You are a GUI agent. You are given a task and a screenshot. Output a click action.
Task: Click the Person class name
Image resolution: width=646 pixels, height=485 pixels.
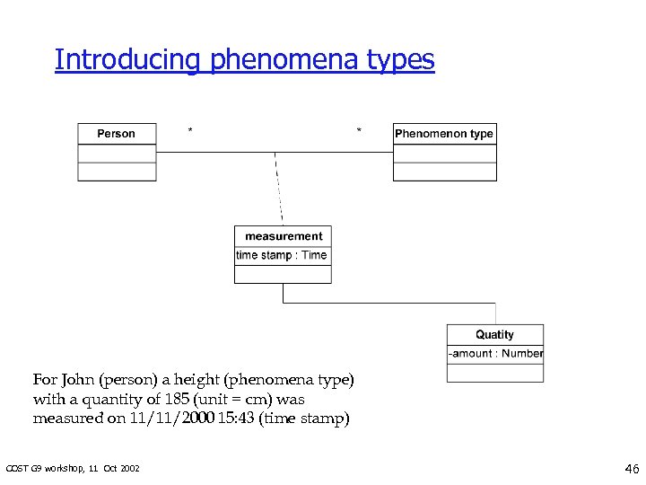116,134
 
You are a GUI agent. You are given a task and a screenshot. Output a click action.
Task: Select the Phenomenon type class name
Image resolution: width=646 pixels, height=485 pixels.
444,134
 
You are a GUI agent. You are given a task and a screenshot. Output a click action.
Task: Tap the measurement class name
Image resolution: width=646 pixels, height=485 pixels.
284,236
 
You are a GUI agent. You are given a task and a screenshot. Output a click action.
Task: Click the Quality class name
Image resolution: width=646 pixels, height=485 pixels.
494,334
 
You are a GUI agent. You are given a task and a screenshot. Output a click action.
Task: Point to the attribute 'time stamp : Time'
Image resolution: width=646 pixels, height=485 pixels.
282,255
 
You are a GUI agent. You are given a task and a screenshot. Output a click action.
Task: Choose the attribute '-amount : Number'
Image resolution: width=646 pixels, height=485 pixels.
496,354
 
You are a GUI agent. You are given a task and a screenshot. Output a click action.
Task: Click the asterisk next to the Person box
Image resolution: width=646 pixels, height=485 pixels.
189,131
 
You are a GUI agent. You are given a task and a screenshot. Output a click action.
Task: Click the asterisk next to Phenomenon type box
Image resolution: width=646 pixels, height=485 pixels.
360,131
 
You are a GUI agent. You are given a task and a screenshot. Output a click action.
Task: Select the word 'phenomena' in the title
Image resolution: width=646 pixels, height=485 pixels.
284,60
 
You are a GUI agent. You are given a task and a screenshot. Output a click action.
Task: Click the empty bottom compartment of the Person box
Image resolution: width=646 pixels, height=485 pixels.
117,172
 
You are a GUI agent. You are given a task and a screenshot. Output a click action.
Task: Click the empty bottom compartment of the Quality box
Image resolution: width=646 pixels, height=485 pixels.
494,372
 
